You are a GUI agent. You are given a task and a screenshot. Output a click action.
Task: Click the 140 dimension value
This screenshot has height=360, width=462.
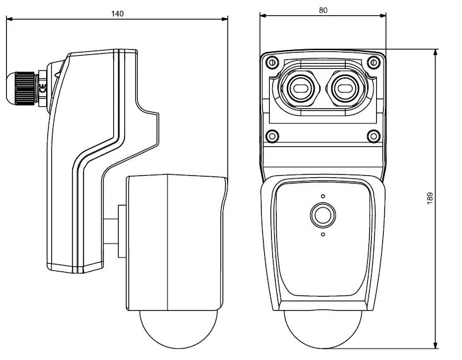(118, 13)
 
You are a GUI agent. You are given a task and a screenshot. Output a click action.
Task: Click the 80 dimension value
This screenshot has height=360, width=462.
(322, 9)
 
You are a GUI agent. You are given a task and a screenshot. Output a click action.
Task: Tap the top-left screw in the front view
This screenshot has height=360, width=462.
(271, 63)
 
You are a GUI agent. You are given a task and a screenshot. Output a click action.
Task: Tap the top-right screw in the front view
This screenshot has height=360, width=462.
(374, 63)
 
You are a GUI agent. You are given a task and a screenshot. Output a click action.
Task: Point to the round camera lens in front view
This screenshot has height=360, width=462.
(322, 216)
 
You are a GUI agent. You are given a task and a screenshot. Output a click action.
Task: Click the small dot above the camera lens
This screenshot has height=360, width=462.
(322, 196)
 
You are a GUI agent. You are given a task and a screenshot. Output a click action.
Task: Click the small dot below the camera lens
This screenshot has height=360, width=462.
(322, 235)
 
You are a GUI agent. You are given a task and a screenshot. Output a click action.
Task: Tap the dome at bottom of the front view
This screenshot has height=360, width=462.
(322, 330)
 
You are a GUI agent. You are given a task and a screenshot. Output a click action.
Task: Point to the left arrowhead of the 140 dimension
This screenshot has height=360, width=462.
(9, 19)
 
